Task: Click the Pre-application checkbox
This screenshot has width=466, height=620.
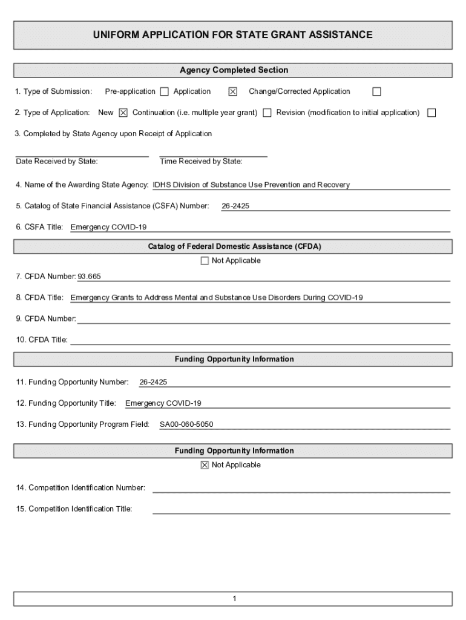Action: coord(164,92)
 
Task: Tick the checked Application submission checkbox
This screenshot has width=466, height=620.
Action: coord(232,92)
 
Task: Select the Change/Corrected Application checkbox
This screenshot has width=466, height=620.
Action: coord(376,92)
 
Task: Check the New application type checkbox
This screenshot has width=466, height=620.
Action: coord(123,113)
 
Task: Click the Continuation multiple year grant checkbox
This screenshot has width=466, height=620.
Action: coord(267,113)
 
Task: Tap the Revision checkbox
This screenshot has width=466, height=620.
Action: coord(432,113)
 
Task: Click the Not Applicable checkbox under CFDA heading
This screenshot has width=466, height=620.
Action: coord(205,261)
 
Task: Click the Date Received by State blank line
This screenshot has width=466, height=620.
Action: coord(82,154)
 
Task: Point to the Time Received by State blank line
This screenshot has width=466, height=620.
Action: coord(213,154)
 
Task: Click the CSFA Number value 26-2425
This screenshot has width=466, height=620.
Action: coord(235,206)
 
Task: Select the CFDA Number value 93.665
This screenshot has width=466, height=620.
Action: coord(90,277)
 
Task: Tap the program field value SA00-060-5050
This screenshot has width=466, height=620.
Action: coord(186,424)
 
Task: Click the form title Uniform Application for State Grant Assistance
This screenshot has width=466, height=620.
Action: coord(233,35)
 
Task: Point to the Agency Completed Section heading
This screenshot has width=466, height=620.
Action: coord(233,70)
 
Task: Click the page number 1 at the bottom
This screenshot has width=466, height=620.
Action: coord(234,599)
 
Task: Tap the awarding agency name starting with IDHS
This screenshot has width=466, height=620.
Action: coord(251,185)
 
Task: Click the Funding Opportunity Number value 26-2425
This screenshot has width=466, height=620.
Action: coord(153,382)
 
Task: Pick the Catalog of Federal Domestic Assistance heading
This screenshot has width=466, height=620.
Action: coord(233,246)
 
